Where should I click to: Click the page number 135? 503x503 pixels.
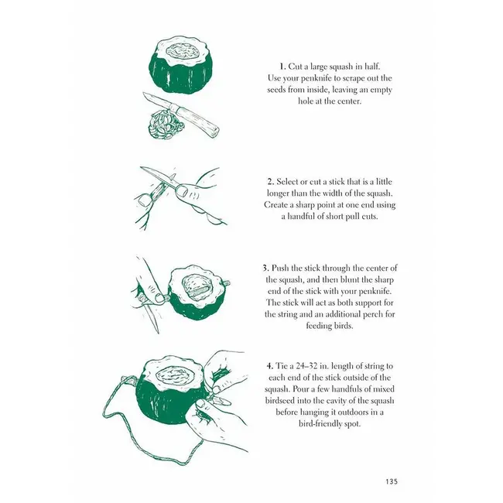[392, 481]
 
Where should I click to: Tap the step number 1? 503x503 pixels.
[282, 67]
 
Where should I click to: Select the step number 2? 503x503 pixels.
[271, 182]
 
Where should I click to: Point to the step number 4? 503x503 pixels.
[270, 366]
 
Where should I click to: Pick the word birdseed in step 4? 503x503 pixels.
[279, 401]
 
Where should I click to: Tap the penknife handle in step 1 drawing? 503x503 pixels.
[195, 118]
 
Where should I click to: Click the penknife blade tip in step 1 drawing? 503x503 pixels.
[144, 94]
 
